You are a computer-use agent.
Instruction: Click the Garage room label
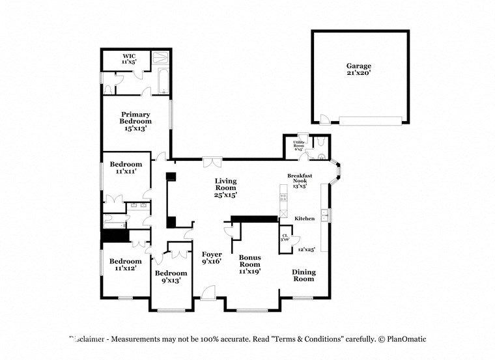pyautogui.click(x=358, y=66)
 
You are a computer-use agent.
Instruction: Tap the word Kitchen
pyautogui.click(x=305, y=218)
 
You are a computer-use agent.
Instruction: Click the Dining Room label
pyautogui.click(x=302, y=275)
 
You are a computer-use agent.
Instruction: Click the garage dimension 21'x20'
pyautogui.click(x=358, y=74)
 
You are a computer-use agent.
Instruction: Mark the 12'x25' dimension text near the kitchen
pyautogui.click(x=306, y=249)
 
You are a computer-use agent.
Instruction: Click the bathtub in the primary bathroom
pyautogui.click(x=161, y=72)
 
